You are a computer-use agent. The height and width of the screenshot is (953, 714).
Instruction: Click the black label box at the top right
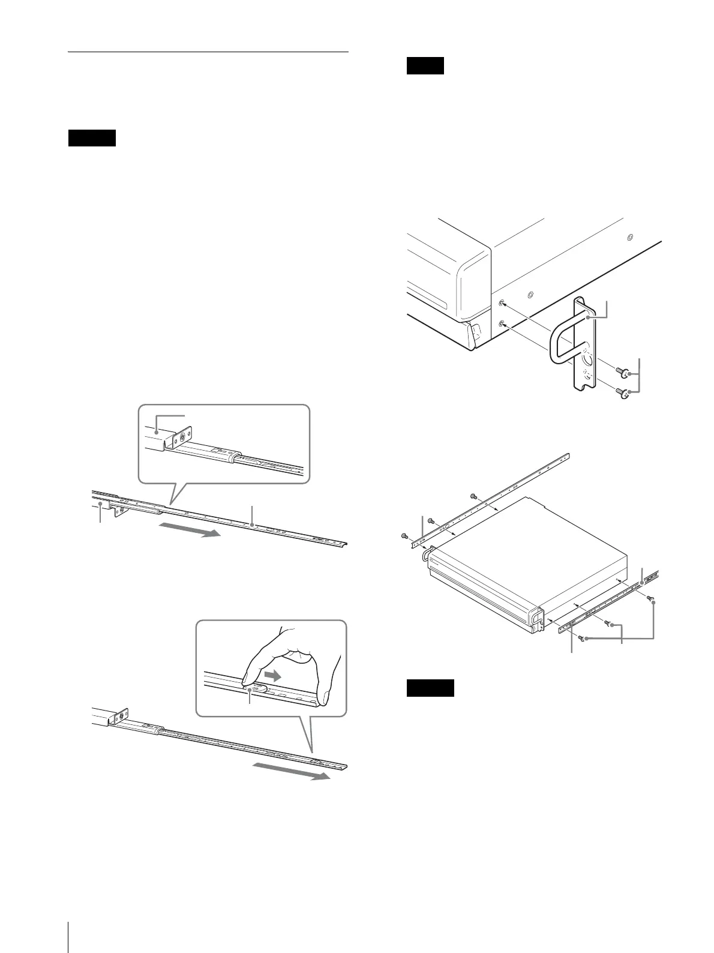click(x=425, y=65)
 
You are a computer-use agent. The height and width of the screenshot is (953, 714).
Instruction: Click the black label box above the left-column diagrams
click(x=91, y=138)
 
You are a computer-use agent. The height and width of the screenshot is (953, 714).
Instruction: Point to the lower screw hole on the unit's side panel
click(x=502, y=323)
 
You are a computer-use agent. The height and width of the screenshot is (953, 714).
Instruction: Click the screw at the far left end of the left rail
click(x=404, y=535)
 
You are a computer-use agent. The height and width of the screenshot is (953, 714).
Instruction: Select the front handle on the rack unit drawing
click(x=427, y=556)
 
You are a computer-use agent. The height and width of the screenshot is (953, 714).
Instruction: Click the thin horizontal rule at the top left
click(x=208, y=52)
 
